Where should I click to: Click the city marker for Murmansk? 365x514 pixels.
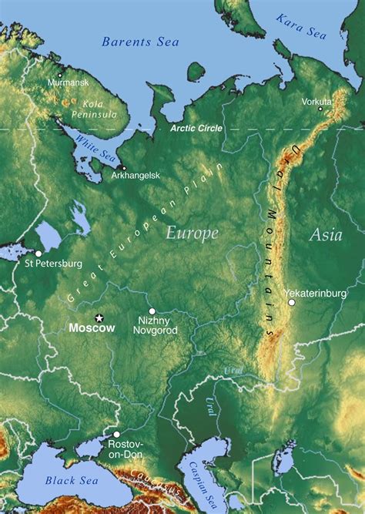click(60, 74)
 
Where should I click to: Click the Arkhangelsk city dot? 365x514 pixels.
click(122, 166)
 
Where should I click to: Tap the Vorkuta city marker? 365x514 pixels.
click(320, 109)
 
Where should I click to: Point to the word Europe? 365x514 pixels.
click(192, 233)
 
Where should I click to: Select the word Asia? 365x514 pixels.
click(325, 236)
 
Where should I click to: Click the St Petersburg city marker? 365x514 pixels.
click(39, 253)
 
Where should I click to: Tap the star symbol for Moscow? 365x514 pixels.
click(99, 317)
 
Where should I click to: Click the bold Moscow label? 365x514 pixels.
click(92, 328)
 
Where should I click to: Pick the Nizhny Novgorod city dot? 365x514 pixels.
click(152, 311)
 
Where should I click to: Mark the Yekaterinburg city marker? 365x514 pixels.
click(292, 303)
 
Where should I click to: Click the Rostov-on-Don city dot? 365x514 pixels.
click(116, 435)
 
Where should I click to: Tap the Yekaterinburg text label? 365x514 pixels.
click(315, 294)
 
